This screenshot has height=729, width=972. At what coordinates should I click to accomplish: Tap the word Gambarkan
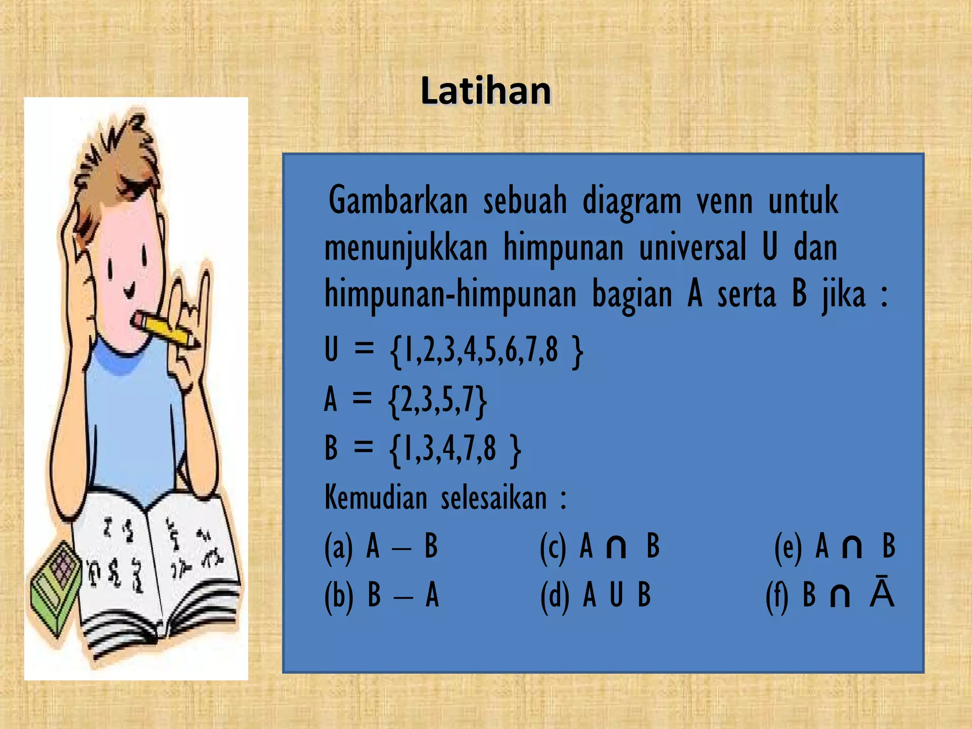398,201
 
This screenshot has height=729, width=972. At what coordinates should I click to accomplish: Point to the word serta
747,294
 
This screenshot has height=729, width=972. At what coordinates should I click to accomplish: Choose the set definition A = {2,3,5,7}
405,400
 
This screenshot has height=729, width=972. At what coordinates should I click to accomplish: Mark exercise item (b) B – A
382,595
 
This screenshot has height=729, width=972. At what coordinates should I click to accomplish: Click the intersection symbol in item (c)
616,548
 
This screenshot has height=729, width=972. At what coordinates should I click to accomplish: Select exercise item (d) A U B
596,595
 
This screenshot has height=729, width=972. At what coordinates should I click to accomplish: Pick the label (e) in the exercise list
788,547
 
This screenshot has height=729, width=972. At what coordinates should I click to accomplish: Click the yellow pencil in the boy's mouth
166,330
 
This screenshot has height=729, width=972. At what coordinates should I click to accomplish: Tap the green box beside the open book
55,589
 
